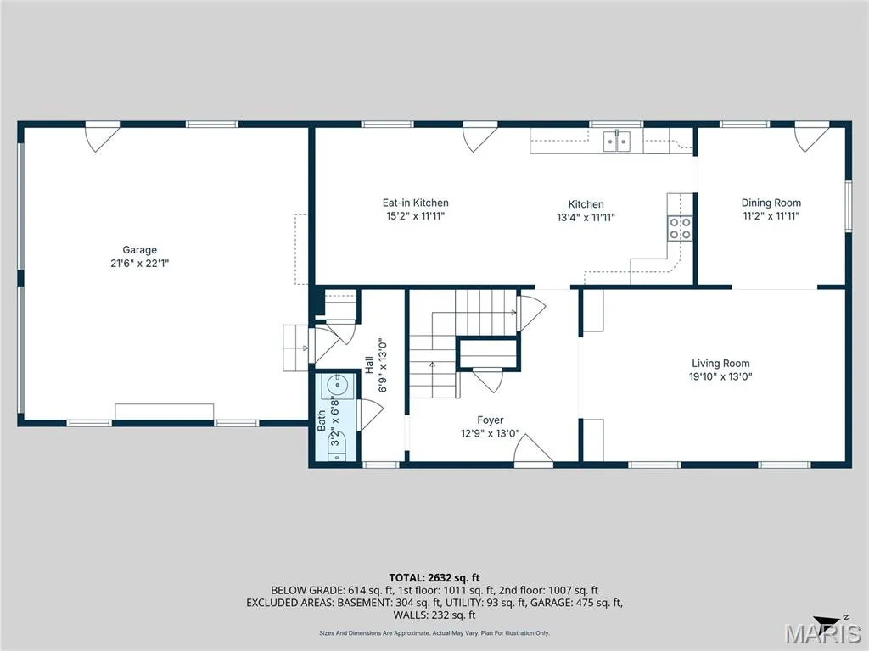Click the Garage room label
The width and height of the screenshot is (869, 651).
click(140, 250)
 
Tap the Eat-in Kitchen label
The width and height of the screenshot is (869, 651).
click(416, 203)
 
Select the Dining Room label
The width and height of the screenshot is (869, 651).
click(771, 203)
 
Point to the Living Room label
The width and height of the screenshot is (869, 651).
click(720, 363)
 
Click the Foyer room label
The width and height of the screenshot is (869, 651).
click(491, 420)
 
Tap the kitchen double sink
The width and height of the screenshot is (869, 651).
click(617, 141)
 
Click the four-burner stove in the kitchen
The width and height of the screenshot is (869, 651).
click(680, 228)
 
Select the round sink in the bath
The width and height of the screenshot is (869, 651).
click(336, 384)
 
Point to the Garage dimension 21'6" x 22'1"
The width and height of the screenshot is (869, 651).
click(140, 264)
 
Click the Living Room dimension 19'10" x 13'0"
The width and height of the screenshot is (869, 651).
click(720, 377)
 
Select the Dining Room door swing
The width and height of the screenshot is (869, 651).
click(812, 138)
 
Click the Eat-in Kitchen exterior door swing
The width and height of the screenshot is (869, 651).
click(480, 138)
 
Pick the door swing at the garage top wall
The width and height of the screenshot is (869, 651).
click(102, 138)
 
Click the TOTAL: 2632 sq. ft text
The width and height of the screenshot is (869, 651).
click(434, 578)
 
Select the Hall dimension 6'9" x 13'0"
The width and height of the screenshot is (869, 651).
click(383, 365)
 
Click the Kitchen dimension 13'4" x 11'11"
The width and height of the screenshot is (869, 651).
click(586, 218)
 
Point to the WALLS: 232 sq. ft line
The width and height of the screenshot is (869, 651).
click(434, 615)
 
